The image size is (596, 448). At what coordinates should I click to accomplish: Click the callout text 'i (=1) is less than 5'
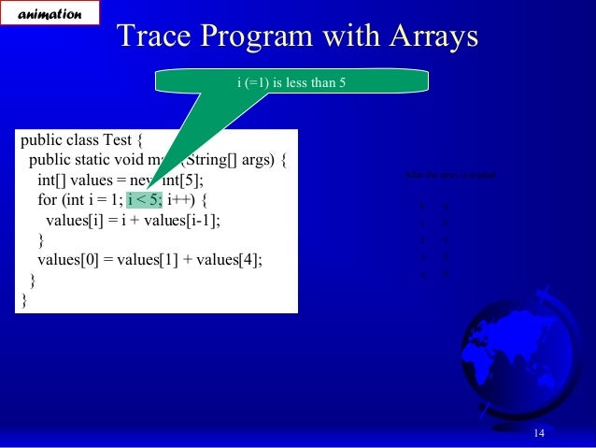coord(292,82)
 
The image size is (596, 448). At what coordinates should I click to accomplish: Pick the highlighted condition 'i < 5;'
coord(144,199)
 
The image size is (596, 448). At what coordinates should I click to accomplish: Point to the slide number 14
coord(539,431)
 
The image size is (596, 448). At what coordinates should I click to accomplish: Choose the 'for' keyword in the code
coord(47,199)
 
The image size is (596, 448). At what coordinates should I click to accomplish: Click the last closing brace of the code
coord(24,300)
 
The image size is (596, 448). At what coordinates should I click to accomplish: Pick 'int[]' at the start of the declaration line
coord(53,180)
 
